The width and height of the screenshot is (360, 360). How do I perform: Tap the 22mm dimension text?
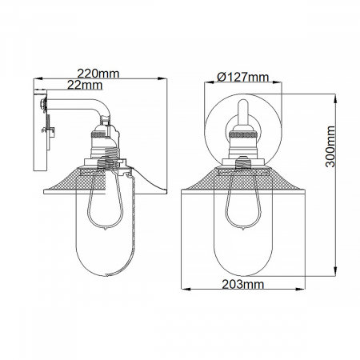(84, 84)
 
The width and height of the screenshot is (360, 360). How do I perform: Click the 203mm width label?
(242, 284)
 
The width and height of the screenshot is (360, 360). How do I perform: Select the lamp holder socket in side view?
(102, 142)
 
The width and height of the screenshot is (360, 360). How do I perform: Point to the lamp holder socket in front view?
(242, 142)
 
